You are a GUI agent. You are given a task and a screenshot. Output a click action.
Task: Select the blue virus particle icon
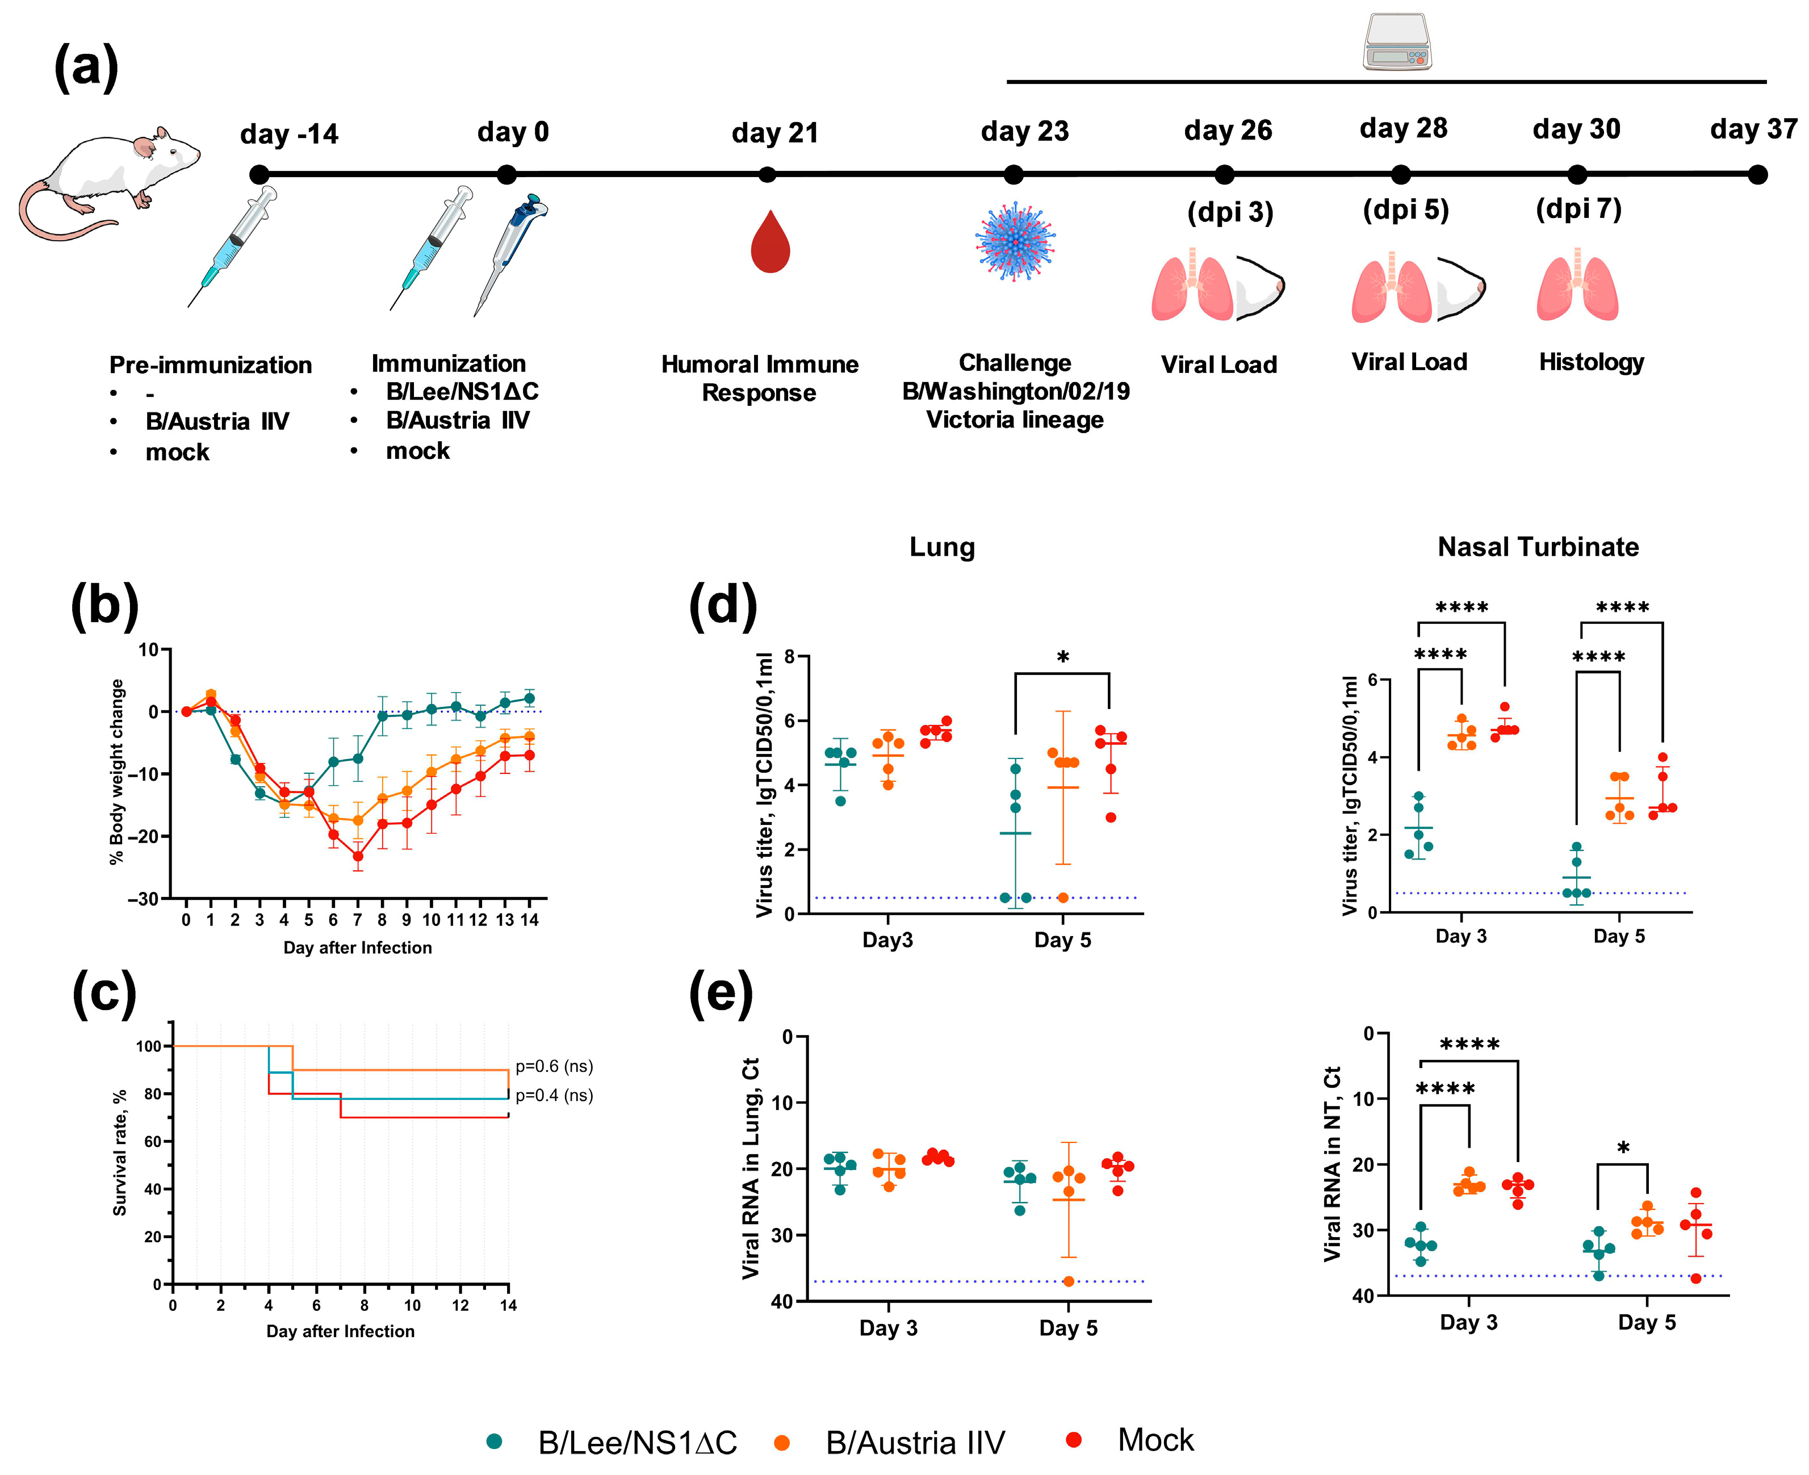(x=1015, y=241)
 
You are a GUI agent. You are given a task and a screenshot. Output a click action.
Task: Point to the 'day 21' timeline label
(x=774, y=133)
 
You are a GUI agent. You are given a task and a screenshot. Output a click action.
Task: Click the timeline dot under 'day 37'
(x=1758, y=175)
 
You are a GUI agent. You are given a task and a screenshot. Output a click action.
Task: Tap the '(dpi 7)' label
(x=1578, y=209)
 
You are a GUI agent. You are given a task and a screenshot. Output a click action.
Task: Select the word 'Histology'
(x=1590, y=363)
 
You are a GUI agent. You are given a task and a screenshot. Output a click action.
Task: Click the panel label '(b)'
(x=104, y=606)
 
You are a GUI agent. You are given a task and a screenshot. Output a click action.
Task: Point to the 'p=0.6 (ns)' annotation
(x=554, y=1066)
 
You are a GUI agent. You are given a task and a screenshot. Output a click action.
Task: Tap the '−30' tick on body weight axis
(x=143, y=899)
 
